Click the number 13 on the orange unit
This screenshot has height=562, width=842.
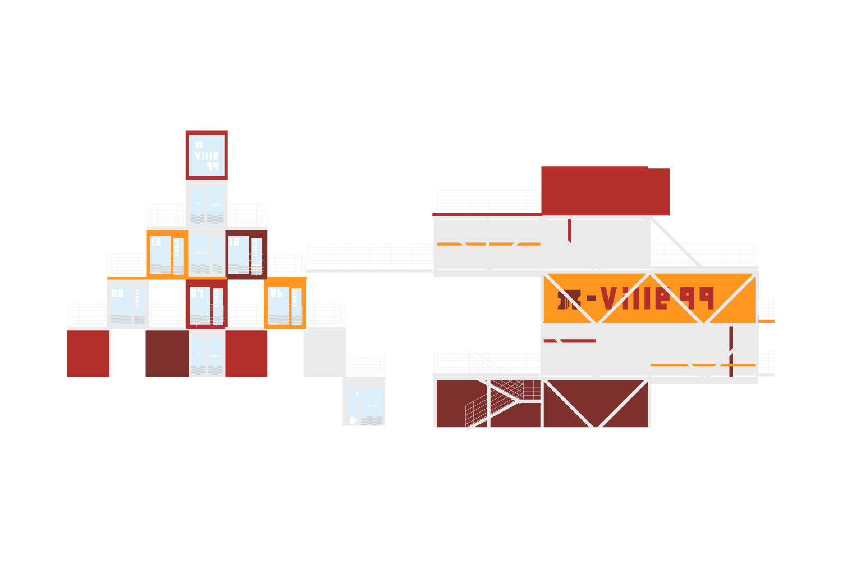155,242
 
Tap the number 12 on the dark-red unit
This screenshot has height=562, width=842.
234,242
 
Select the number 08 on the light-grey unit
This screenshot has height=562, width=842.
117,293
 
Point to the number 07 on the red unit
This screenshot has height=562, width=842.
197,293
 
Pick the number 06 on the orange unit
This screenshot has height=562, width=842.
276,293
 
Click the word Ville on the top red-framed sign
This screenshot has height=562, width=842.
207,156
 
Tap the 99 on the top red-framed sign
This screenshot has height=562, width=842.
212,166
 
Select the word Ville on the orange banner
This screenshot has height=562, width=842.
635,298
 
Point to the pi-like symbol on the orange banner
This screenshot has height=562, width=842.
568,300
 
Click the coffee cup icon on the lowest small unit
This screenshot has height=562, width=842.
353,420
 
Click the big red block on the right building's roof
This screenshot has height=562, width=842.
603,191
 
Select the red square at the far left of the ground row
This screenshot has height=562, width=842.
88,353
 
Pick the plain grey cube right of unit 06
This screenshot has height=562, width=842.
324,353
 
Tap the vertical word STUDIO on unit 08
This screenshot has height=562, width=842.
138,298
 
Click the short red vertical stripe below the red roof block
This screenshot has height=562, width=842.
569,231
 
